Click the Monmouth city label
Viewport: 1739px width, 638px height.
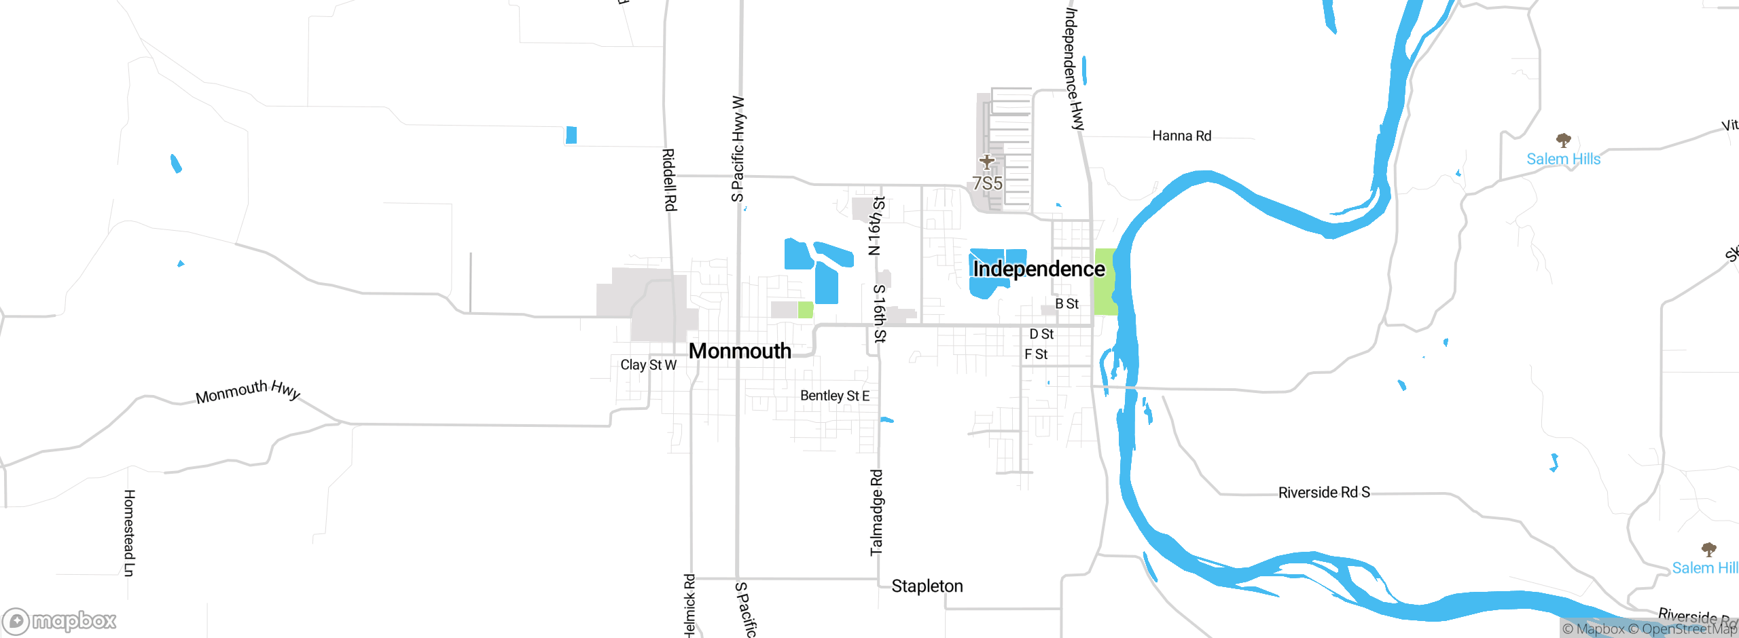tap(740, 351)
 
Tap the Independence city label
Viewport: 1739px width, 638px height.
tap(1039, 269)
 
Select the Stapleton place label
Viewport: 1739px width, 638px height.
tap(927, 586)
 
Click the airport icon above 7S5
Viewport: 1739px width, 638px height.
tap(987, 162)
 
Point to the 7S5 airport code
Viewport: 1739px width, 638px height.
tap(987, 183)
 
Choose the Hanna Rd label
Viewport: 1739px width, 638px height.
tap(1181, 136)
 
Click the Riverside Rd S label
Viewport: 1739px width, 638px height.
tap(1324, 492)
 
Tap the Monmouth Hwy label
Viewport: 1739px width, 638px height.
tap(248, 391)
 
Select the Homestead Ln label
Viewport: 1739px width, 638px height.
tap(129, 533)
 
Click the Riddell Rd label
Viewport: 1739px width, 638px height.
tap(669, 180)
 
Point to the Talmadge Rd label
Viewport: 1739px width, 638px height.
tap(876, 512)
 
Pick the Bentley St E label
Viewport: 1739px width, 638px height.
tap(834, 396)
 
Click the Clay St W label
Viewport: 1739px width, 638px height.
tap(648, 365)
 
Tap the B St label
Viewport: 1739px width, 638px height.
tap(1066, 304)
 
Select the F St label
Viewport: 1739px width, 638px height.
tap(1036, 354)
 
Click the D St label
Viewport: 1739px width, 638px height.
tap(1041, 334)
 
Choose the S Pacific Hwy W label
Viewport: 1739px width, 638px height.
tap(738, 149)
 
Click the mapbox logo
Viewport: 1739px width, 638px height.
tap(60, 620)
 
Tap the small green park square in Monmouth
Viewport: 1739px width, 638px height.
tap(805, 310)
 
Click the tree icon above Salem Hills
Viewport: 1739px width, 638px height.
tap(1563, 140)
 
